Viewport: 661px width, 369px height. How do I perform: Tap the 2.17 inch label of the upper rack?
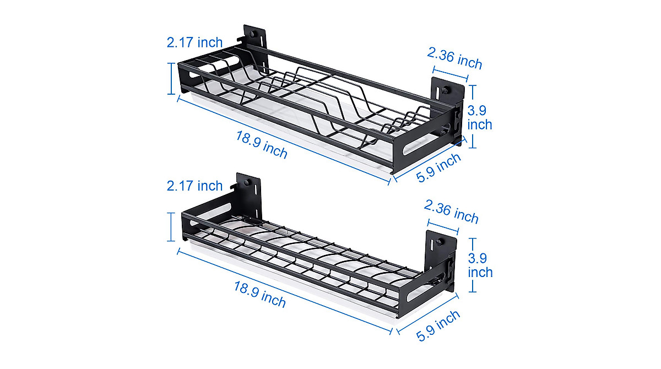(x=194, y=42)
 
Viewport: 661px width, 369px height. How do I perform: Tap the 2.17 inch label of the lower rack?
(x=194, y=186)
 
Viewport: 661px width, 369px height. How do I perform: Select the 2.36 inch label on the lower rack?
(x=451, y=212)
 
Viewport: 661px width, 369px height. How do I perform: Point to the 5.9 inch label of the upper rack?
(x=438, y=168)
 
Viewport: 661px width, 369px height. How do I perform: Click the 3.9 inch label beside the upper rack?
(x=480, y=117)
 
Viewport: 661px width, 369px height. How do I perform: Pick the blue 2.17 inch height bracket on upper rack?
(x=171, y=78)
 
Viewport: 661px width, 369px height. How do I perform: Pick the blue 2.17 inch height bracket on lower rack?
(x=171, y=227)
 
